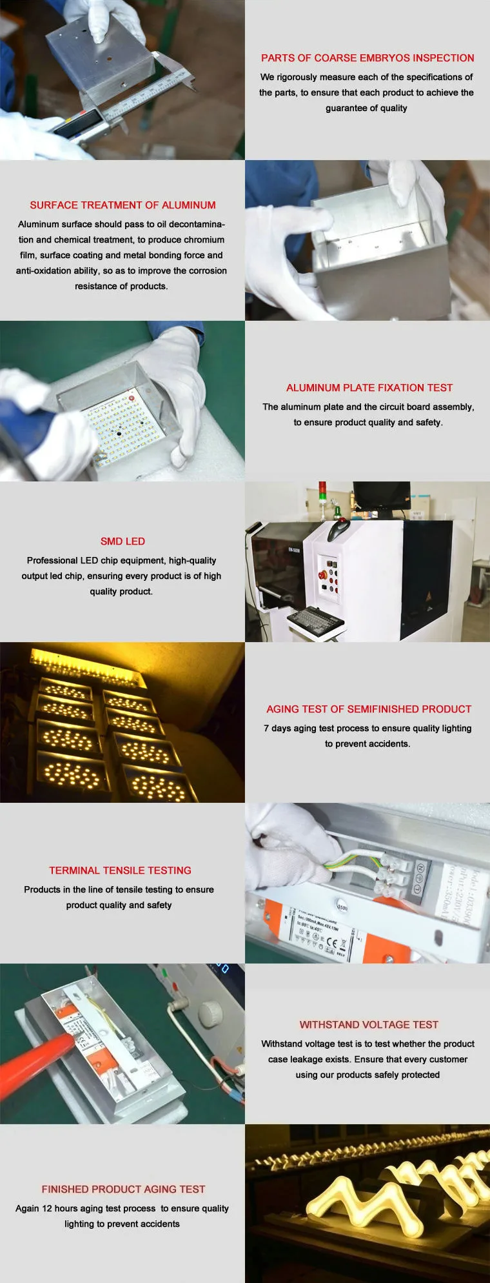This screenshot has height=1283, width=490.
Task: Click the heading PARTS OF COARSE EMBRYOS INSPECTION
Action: (367, 58)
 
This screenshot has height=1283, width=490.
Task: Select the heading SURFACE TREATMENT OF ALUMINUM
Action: (122, 205)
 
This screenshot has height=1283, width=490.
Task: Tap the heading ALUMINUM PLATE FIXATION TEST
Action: (369, 388)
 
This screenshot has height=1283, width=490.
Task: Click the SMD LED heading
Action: (122, 541)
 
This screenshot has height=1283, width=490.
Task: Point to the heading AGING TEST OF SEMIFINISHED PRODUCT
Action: (369, 709)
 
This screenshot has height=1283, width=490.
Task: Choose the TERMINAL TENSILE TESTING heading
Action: (120, 871)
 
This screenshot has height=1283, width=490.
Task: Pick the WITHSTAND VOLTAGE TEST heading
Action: (369, 1025)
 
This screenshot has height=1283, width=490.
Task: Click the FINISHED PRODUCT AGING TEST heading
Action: (123, 1189)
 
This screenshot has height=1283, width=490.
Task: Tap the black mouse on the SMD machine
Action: (339, 530)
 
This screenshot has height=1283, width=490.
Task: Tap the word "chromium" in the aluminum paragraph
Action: (204, 240)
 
